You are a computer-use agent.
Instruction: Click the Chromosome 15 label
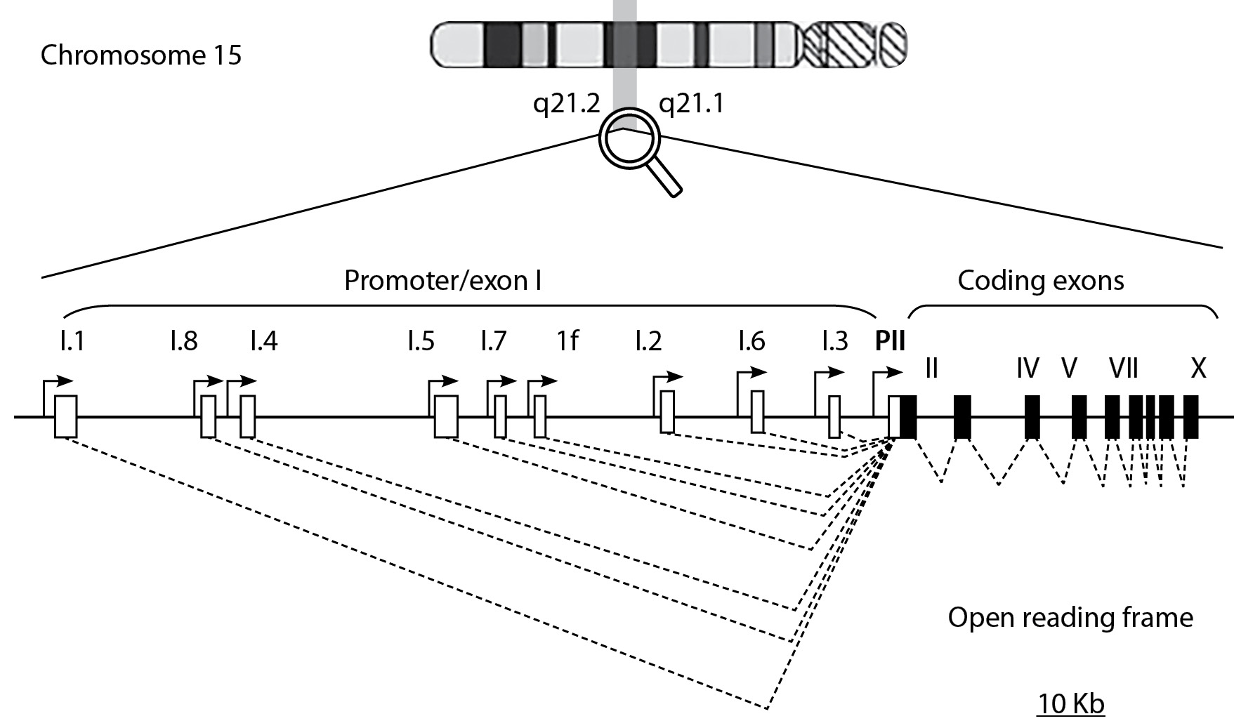pyautogui.click(x=140, y=55)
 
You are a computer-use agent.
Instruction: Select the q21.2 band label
pyautogui.click(x=566, y=104)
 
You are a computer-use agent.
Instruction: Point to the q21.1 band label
pyautogui.click(x=691, y=104)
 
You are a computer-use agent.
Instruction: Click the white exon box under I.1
pyautogui.click(x=65, y=417)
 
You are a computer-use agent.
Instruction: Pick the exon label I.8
pyautogui.click(x=183, y=342)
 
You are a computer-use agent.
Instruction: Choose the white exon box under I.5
pyautogui.click(x=446, y=416)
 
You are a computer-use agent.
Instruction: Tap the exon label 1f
pyautogui.click(x=567, y=342)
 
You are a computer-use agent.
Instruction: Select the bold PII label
pyautogui.click(x=890, y=342)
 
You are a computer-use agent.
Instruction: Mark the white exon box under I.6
pyautogui.click(x=757, y=412)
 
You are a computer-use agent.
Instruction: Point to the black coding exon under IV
pyautogui.click(x=1032, y=417)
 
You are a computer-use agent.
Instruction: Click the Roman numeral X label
pyautogui.click(x=1198, y=368)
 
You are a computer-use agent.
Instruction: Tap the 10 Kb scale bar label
pyautogui.click(x=1070, y=703)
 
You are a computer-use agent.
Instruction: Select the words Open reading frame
pyautogui.click(x=1070, y=618)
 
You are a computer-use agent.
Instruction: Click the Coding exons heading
pyautogui.click(x=1040, y=281)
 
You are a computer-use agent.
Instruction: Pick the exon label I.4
pyautogui.click(x=263, y=342)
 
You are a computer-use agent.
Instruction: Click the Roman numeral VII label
pyautogui.click(x=1123, y=368)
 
